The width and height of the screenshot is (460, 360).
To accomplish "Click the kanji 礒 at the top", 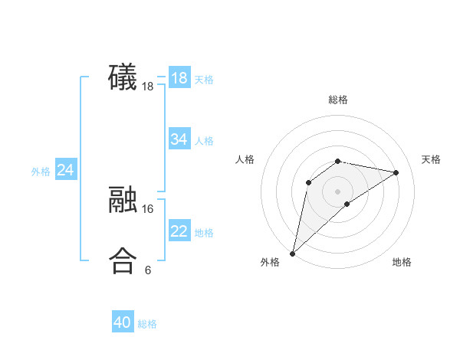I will pyautogui.click(x=123, y=78).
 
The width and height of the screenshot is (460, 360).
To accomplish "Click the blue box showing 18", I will pyautogui.click(x=179, y=78).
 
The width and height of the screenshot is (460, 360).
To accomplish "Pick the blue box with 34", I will pyautogui.click(x=179, y=139).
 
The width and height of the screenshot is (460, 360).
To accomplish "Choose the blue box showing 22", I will pyautogui.click(x=179, y=231).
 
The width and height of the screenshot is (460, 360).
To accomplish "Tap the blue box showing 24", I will pyautogui.click(x=66, y=170).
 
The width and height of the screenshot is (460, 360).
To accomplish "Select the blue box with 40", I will pyautogui.click(x=123, y=323).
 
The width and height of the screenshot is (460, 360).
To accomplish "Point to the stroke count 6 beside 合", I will pyautogui.click(x=148, y=270).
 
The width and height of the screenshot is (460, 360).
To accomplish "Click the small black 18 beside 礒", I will pyautogui.click(x=148, y=87).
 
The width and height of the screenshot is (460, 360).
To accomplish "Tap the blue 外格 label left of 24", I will pyautogui.click(x=41, y=172).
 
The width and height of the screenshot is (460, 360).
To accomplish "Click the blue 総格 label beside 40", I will pyautogui.click(x=147, y=325).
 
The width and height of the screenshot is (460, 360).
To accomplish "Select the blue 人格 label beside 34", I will pyautogui.click(x=204, y=141).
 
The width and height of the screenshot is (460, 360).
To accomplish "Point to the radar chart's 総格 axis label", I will pyautogui.click(x=337, y=100).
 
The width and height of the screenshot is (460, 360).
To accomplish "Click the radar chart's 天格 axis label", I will pyautogui.click(x=431, y=159).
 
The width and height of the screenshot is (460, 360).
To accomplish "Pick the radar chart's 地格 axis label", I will pyautogui.click(x=402, y=262).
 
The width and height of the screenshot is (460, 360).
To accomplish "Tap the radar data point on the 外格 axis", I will pyautogui.click(x=293, y=253).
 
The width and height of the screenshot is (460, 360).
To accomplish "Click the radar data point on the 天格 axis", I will pyautogui.click(x=396, y=172).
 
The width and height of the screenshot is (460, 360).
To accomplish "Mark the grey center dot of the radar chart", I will pyautogui.click(x=337, y=191).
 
